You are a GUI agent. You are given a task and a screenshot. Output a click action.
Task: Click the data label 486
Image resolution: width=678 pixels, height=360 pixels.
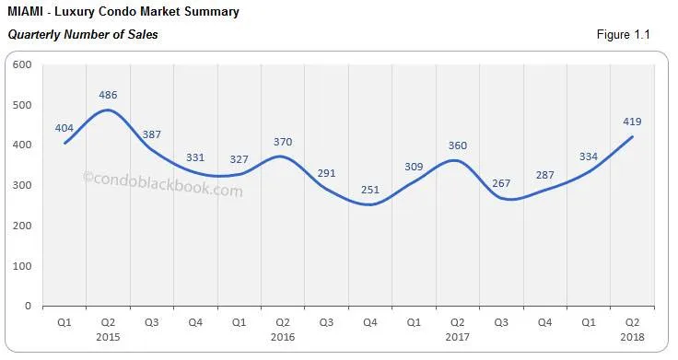(108, 94)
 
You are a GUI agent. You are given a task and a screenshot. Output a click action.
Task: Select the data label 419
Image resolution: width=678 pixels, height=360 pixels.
(632, 122)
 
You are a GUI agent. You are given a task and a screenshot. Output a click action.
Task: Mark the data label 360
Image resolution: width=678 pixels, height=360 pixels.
(458, 145)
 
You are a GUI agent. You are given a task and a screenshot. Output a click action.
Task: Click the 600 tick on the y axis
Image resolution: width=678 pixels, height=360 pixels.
(22, 64)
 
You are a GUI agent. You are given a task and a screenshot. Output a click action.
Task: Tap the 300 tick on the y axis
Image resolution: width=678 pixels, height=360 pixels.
(22, 185)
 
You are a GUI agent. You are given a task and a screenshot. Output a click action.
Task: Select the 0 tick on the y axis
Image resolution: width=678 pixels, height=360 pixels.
(28, 306)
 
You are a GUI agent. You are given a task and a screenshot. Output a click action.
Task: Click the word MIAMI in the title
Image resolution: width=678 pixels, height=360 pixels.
(24, 12)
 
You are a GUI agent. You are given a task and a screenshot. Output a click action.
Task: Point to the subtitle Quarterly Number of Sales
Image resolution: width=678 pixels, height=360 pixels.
(83, 35)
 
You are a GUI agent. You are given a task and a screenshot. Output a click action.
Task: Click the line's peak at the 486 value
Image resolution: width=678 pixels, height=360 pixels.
(108, 110)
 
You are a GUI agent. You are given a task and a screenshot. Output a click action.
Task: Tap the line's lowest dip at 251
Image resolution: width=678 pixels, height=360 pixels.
(371, 204)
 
